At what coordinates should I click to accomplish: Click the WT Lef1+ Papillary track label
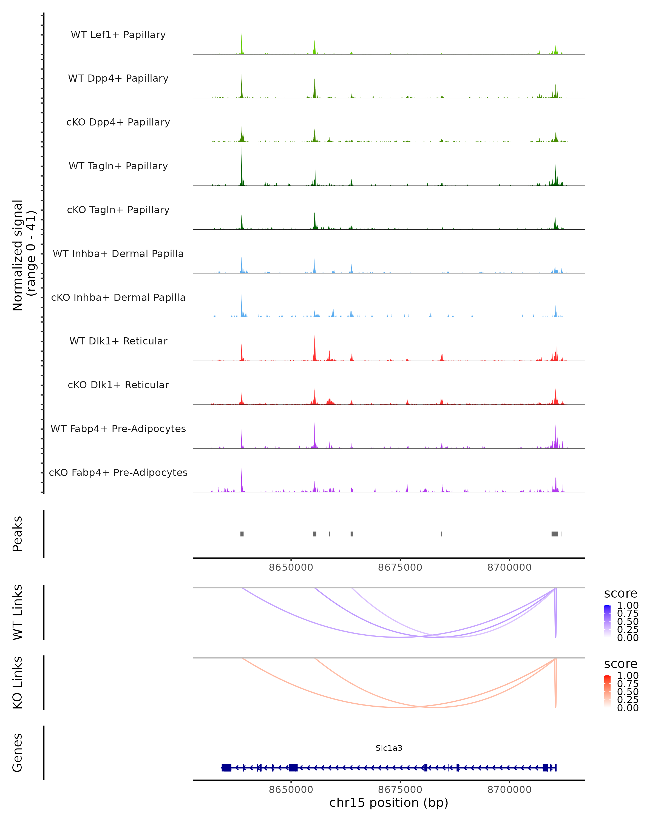118,35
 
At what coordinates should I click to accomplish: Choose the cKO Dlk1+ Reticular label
118,385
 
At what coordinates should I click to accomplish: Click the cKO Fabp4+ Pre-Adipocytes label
118,472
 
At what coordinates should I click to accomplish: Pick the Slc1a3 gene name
389,748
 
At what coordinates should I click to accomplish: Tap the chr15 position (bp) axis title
389,803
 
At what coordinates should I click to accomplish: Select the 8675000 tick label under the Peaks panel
400,567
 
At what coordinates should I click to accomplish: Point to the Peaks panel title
18,534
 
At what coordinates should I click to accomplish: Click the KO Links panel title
18,683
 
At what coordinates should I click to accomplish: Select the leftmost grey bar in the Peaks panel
242,534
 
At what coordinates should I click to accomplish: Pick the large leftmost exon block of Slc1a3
226,767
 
